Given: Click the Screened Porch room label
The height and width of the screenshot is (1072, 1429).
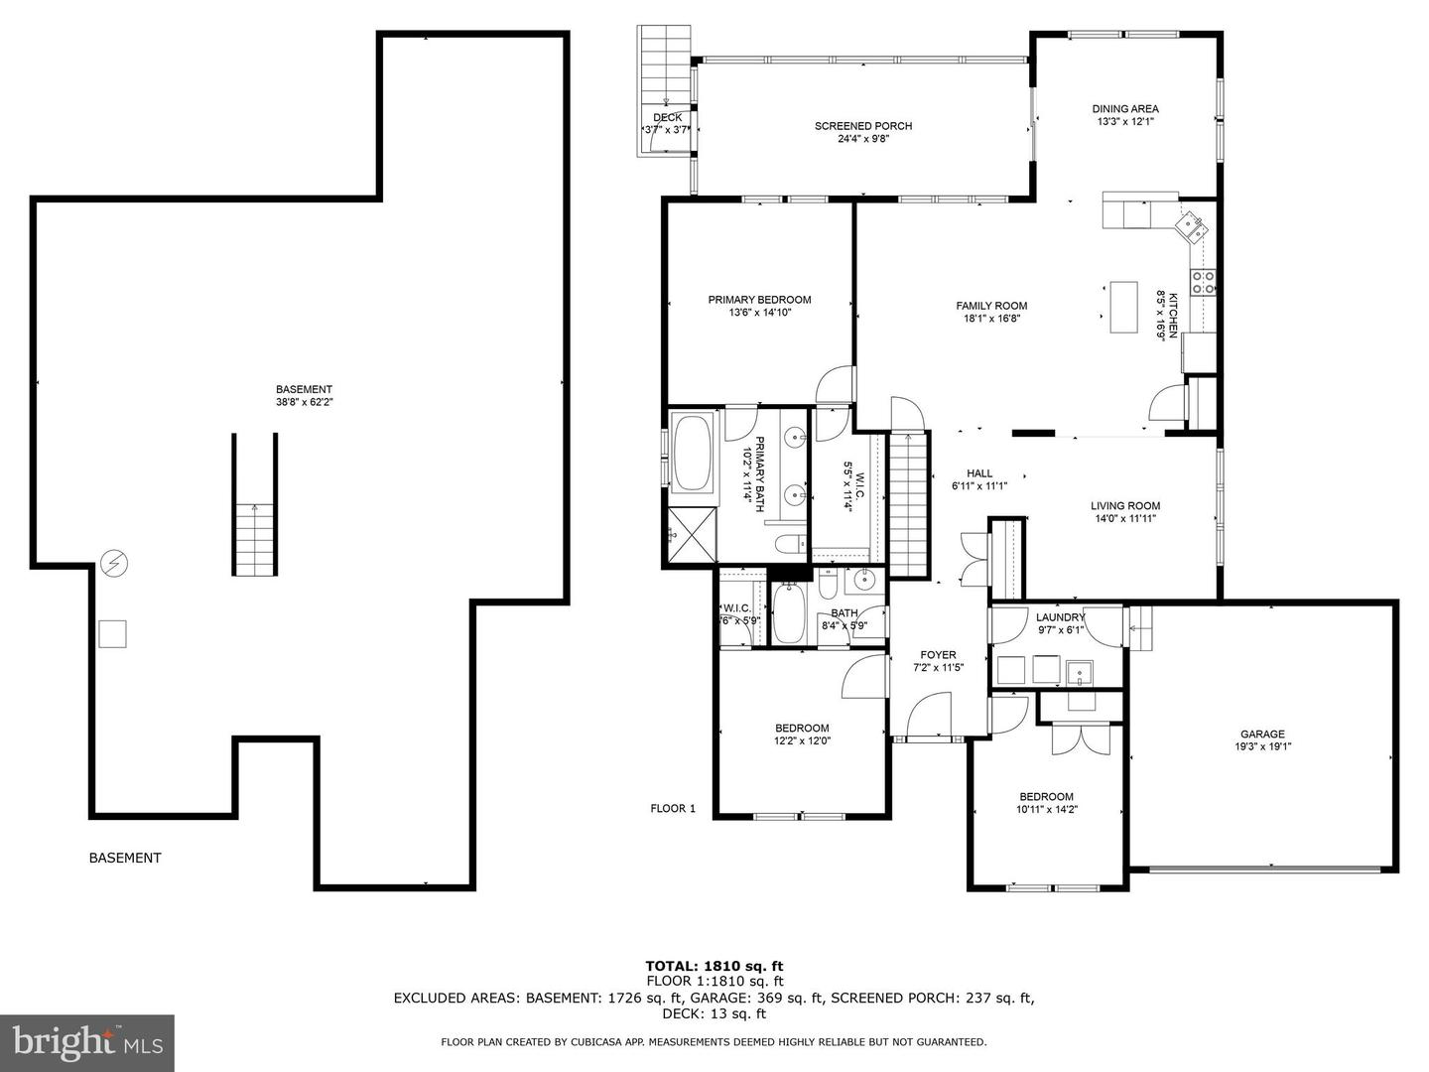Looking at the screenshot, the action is pos(862,126).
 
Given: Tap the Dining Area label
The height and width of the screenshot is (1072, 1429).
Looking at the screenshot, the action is pos(1125,109).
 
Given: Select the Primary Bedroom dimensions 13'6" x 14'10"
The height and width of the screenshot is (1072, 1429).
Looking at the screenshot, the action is pos(760,313).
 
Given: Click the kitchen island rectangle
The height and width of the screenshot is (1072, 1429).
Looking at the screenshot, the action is pos(1123,308).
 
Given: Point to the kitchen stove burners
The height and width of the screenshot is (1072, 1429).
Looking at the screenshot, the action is pos(1203,283).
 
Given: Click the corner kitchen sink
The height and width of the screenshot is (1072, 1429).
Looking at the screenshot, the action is pos(1191,227).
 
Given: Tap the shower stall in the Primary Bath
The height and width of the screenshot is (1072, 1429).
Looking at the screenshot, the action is pos(692,534).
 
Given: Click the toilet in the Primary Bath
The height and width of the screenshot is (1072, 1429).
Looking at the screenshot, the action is pos(790,543).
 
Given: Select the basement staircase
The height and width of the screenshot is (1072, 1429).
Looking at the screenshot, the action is pos(255,504).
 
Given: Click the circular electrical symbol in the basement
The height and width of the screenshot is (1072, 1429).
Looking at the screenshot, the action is pos(114,563).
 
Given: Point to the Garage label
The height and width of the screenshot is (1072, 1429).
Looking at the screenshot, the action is pos(1262,735).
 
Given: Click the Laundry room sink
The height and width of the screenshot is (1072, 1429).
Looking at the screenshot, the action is pos(1080,672).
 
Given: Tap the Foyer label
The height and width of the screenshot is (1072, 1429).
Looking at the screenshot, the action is pos(938,655).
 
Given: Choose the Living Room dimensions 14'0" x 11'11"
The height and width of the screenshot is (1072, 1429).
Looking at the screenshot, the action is pos(1125,519).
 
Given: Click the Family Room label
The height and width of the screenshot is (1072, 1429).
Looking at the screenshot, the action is pos(991,306).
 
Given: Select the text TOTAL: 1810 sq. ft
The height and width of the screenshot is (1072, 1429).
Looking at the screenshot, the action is pos(714,966).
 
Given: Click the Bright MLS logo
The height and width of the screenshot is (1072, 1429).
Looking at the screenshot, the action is pos(87,1043).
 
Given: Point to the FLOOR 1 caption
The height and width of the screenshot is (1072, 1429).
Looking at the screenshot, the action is pos(673,808).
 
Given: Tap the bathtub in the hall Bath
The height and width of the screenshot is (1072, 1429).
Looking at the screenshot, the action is pos(789,613).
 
